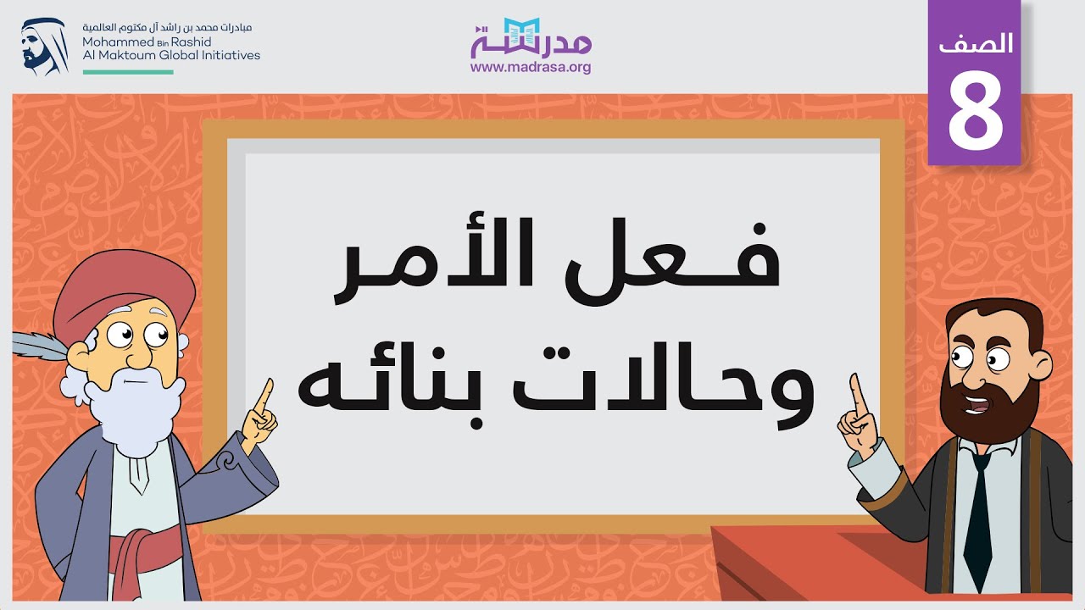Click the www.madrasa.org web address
tap(531, 68)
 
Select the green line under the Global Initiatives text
tap(127, 72)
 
